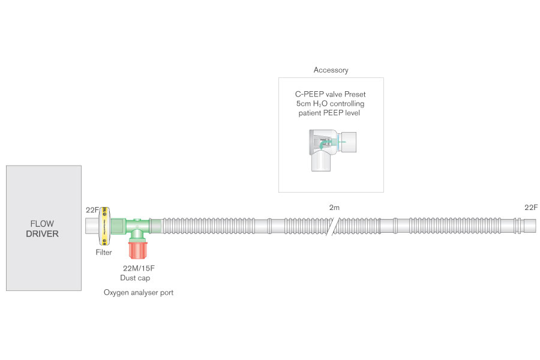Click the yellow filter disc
105,226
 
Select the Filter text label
104,253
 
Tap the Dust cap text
135,278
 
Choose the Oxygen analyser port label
138,293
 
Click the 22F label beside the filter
92,209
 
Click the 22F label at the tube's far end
530,208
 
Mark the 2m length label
334,208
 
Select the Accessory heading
331,70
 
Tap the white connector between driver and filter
91,226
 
